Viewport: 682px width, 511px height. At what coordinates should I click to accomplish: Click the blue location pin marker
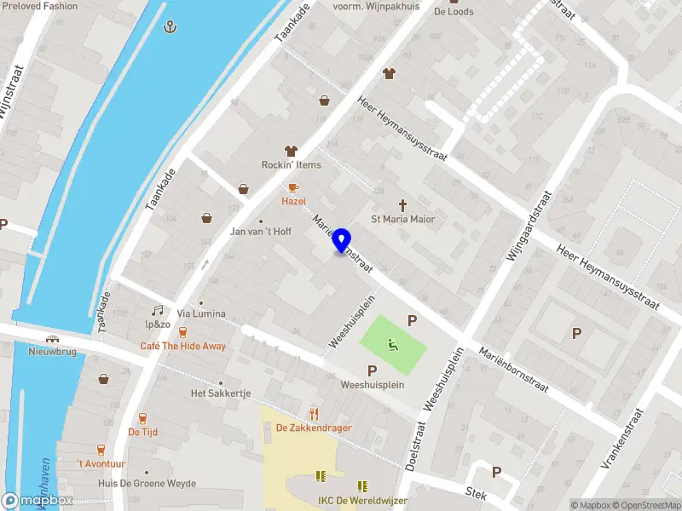(x=342, y=240)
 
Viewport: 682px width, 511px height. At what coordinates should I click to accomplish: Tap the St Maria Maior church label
(x=402, y=219)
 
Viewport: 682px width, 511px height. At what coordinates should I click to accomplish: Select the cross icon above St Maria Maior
(x=402, y=205)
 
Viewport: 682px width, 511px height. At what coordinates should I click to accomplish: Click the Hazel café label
(x=293, y=201)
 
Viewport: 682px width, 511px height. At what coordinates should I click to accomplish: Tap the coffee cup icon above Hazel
(x=293, y=187)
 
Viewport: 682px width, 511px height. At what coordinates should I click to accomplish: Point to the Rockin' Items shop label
(x=291, y=164)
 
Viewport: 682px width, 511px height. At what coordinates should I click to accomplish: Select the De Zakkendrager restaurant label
(x=314, y=428)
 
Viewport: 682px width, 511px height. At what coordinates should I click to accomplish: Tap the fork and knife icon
(x=315, y=414)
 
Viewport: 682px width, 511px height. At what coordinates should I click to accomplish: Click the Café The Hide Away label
(x=183, y=346)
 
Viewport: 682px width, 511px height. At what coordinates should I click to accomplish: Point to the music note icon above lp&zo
(x=157, y=311)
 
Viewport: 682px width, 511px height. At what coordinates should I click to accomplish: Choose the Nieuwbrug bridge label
(x=53, y=351)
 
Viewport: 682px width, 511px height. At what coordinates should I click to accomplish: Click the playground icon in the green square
(x=392, y=344)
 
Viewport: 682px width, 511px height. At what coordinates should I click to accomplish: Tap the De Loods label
(x=454, y=12)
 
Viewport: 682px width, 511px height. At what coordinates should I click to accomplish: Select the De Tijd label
(x=142, y=432)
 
